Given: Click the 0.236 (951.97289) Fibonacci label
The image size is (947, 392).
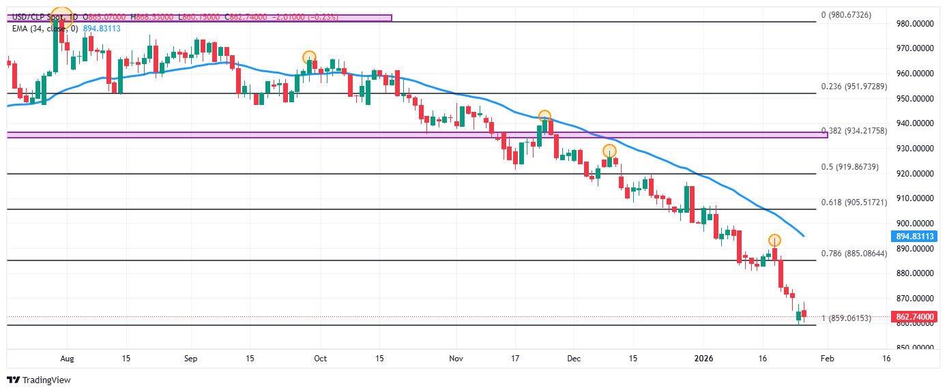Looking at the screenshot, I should click(x=855, y=87).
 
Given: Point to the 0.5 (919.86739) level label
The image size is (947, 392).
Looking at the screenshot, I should click(x=850, y=167).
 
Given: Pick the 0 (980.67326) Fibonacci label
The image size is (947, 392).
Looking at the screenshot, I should click(x=846, y=15).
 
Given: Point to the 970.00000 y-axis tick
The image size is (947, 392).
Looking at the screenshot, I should click(x=914, y=48).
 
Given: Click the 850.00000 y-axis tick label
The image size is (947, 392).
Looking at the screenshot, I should click(x=914, y=348).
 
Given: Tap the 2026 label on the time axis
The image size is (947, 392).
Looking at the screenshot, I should click(x=703, y=358).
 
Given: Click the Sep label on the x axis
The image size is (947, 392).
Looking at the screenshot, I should click(x=190, y=358).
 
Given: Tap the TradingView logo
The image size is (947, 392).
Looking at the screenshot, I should click(x=39, y=380).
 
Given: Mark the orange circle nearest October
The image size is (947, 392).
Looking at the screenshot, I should click(x=309, y=57).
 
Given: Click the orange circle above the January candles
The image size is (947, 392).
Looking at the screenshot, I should click(x=774, y=240).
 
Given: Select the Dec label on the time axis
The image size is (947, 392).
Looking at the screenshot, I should click(x=574, y=358).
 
